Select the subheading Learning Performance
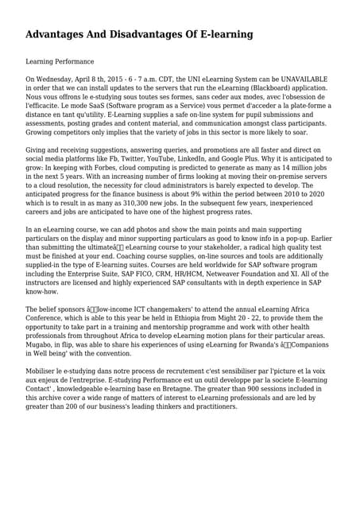(60, 61)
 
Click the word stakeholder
(219, 247)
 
